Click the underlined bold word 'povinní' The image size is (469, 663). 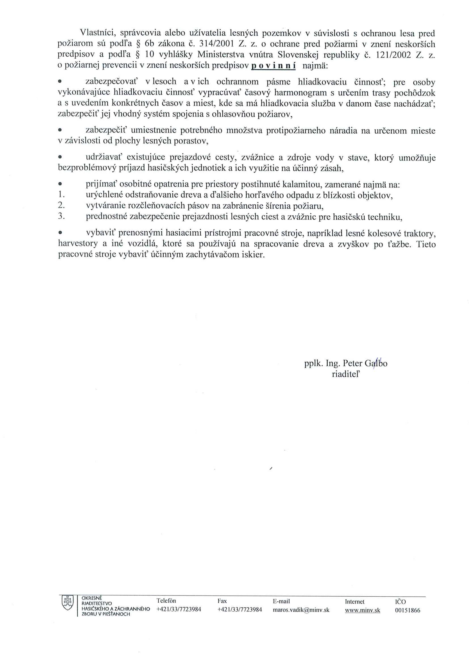[x=274, y=66]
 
